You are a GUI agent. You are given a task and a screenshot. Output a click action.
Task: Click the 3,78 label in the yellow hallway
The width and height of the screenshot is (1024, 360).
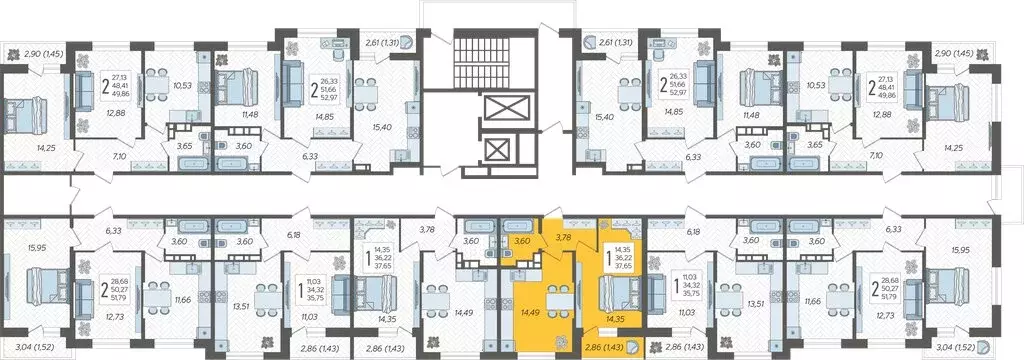562,237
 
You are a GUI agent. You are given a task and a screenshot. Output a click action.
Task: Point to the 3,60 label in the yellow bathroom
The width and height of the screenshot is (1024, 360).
521,241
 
